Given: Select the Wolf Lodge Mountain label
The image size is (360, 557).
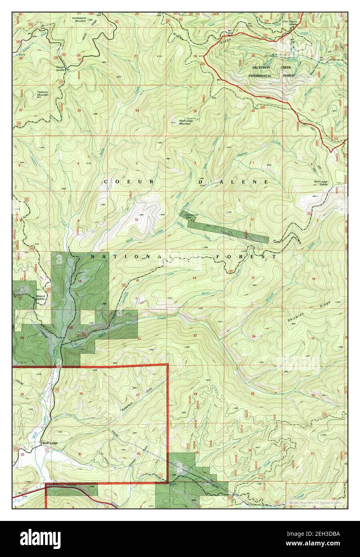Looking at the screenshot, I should click(185, 122).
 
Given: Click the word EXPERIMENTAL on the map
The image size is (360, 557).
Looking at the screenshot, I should click(260, 76).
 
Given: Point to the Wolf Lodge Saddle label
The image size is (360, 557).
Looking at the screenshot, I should click(321, 183).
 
